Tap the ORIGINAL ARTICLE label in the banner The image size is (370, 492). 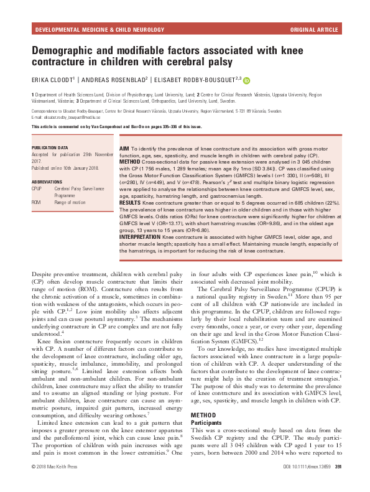click(x=315, y=29)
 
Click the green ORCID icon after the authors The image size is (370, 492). click(x=246, y=80)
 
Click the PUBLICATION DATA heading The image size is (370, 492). click(x=50, y=147)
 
